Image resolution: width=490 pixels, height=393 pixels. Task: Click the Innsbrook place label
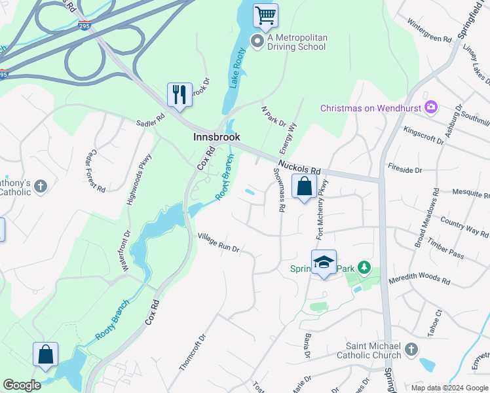click(x=216, y=137)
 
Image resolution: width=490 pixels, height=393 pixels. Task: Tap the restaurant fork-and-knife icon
click(x=179, y=94)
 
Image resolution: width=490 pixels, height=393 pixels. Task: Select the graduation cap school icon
click(x=324, y=262)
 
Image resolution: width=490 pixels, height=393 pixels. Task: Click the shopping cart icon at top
click(x=265, y=15)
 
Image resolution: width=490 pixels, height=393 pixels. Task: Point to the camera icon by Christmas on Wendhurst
click(x=431, y=107)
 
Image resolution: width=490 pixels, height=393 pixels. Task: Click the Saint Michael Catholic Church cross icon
click(x=411, y=349)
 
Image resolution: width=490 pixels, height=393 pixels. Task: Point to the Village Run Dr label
click(x=219, y=242)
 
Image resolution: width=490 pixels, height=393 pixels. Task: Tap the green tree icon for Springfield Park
click(x=364, y=268)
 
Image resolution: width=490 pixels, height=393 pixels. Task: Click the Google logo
click(x=22, y=384)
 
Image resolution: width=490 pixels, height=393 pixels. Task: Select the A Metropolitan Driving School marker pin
click(x=257, y=42)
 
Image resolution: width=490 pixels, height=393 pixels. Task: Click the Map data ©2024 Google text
click(x=449, y=387)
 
